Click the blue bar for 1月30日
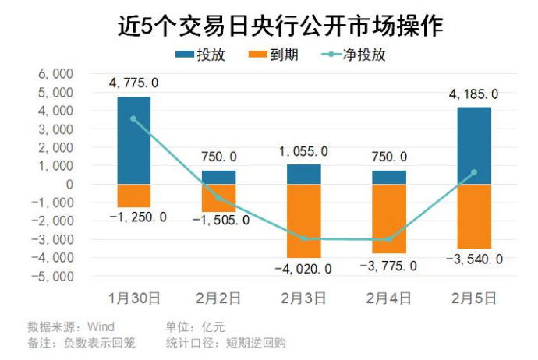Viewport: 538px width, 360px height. (134, 140)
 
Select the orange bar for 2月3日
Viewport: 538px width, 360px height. (303, 221)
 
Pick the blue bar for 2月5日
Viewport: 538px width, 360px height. (474, 146)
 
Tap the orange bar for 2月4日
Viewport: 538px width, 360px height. (388, 219)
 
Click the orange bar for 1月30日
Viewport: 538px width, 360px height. (134, 196)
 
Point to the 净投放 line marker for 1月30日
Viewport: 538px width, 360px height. (134, 119)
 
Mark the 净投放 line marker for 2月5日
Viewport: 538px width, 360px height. (474, 172)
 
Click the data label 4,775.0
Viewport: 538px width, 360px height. (134, 83)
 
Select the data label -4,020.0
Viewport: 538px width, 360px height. (303, 269)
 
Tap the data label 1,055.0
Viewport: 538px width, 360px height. (303, 151)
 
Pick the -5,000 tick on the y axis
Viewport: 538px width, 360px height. (53, 277)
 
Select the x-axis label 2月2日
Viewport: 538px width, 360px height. (218, 298)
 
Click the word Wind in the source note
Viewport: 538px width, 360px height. (101, 326)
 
